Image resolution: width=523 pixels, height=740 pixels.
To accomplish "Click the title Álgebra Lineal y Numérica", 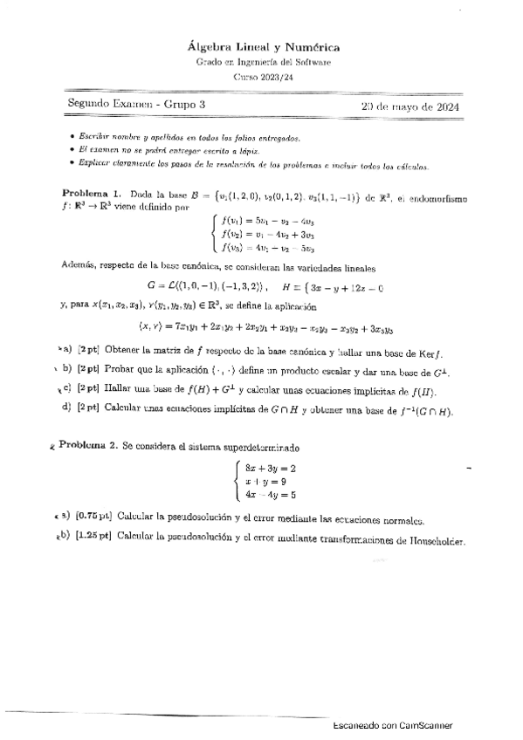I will [x=265, y=46].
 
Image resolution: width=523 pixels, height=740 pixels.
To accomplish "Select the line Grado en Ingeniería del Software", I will [x=265, y=62].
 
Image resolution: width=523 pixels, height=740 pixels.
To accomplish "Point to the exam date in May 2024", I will [x=410, y=106].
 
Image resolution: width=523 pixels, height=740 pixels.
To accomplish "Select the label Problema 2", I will [x=88, y=446].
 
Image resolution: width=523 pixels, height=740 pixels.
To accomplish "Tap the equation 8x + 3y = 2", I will [x=271, y=469].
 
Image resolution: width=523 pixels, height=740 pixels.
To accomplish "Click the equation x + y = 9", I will [x=267, y=481].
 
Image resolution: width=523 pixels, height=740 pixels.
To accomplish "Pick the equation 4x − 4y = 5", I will [x=271, y=494].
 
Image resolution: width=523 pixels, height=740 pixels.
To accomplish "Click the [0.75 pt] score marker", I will [x=93, y=517].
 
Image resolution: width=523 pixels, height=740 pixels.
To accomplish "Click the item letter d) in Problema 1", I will [x=66, y=406].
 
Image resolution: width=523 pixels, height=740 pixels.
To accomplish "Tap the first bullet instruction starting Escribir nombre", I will [x=189, y=139].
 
